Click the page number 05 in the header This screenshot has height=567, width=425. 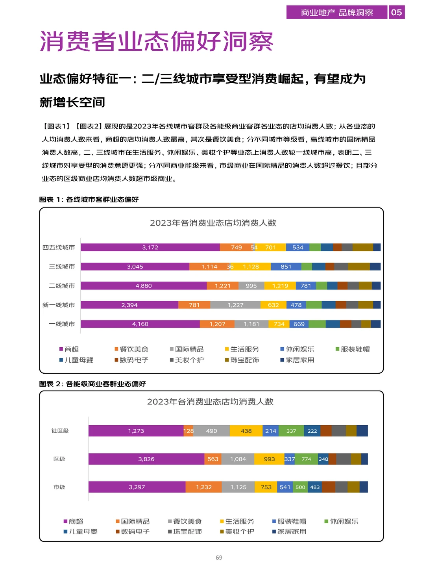click(396, 13)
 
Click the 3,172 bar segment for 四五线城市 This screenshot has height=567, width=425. click(150, 247)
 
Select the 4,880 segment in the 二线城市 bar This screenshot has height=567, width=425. click(144, 286)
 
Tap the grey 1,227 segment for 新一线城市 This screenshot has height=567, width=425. click(235, 305)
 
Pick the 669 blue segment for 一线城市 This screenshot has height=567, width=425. click(299, 324)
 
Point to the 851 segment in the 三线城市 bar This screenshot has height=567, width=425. click(286, 267)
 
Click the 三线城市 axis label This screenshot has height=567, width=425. click(62, 267)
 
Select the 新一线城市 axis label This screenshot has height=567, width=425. click(59, 305)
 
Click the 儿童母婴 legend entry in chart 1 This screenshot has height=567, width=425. click(76, 360)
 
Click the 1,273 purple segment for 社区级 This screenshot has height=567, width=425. click(136, 431)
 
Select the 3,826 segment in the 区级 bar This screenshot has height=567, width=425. click(146, 459)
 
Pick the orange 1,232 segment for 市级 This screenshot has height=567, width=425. click(203, 487)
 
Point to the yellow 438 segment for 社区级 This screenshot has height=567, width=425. click(246, 431)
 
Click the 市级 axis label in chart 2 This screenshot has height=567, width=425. click(59, 487)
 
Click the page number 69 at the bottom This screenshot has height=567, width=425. click(219, 558)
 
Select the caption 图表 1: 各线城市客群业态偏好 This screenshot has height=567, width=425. click(89, 200)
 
